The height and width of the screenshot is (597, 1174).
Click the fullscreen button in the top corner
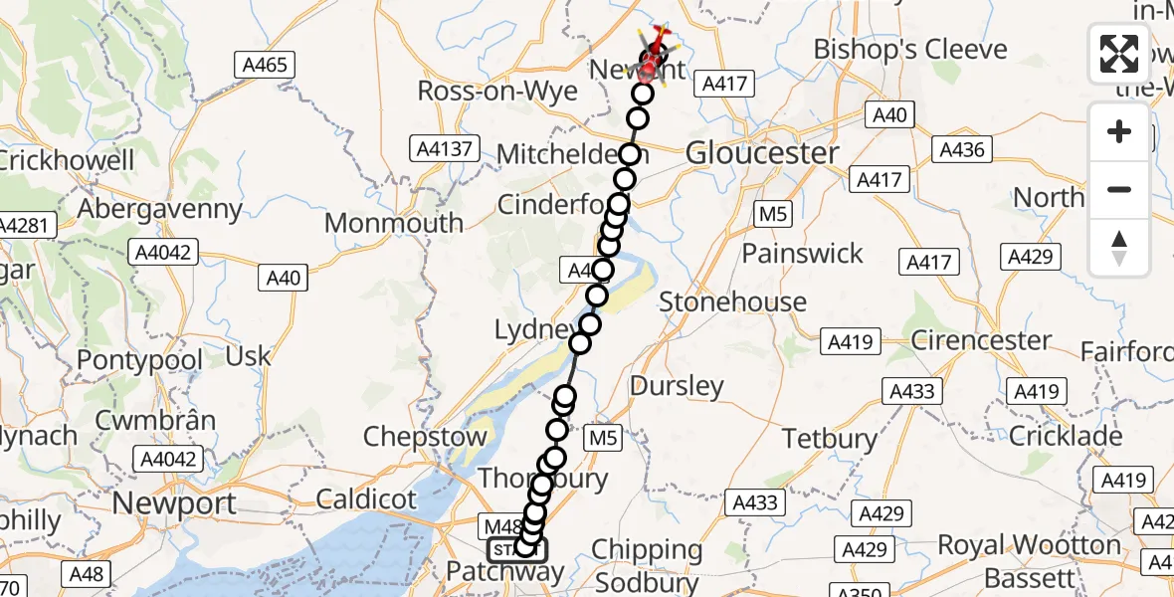click(1119, 54)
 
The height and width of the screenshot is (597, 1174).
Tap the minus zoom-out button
click(1119, 189)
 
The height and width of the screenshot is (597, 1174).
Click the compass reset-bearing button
click(1119, 247)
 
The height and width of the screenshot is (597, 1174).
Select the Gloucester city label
click(763, 153)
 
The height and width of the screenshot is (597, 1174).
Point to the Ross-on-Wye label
click(497, 91)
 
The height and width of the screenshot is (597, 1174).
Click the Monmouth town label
click(394, 222)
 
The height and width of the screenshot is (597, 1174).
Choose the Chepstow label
click(426, 436)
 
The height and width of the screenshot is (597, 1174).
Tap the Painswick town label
click(803, 253)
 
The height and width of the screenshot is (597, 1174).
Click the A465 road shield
click(266, 66)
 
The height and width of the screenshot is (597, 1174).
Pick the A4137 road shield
click(445, 149)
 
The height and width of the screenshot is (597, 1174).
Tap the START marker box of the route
click(516, 549)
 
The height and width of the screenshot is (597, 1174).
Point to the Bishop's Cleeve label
click(910, 49)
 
